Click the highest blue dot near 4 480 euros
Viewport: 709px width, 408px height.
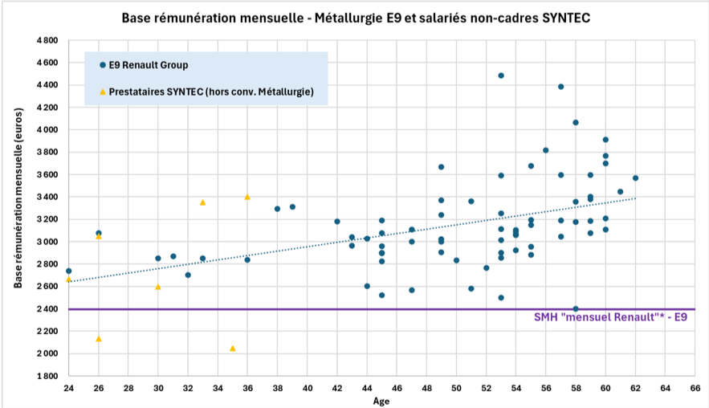point(501,75)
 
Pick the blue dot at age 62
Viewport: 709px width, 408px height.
point(635,177)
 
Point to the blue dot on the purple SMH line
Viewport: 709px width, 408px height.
point(576,309)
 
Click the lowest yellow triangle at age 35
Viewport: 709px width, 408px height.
point(233,349)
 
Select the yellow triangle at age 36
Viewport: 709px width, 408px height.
point(247,197)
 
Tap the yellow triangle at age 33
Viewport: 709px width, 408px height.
point(202,202)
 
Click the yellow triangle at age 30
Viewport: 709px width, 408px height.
point(158,287)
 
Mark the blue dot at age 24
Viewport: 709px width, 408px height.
point(68,271)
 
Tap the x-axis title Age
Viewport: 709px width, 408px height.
point(381,400)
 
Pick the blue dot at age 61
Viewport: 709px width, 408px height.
point(620,192)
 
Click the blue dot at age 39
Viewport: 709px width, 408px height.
point(292,206)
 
